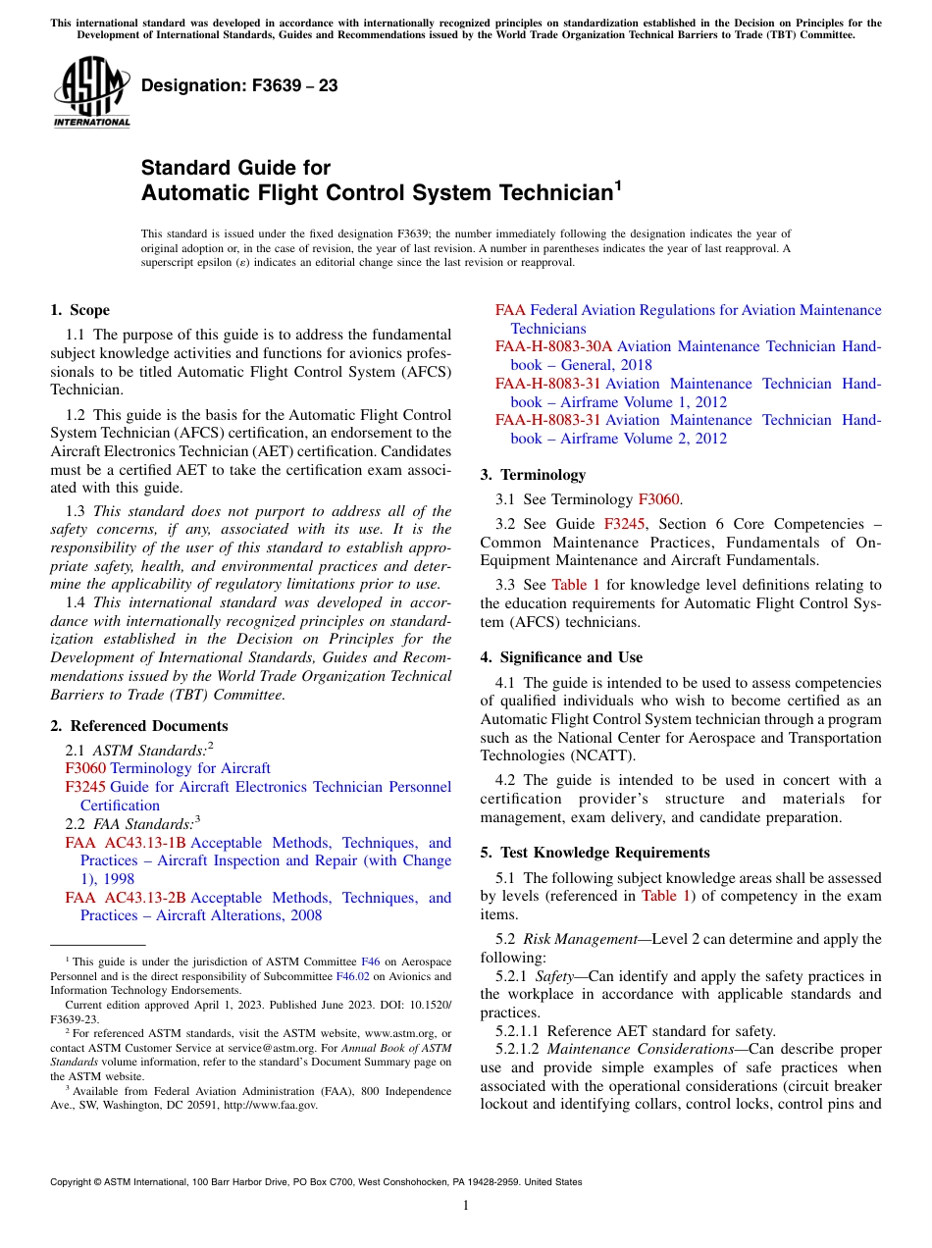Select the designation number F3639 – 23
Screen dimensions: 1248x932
(239, 86)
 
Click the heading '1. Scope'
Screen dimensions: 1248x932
(79, 310)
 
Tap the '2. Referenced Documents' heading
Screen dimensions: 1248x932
(138, 726)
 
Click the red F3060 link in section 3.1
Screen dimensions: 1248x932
(658, 499)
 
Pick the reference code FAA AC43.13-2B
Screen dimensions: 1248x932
(125, 898)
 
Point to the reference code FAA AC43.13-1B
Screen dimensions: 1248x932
(125, 843)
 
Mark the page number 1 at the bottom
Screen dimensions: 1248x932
(466, 1206)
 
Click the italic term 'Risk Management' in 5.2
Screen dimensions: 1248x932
(579, 939)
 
